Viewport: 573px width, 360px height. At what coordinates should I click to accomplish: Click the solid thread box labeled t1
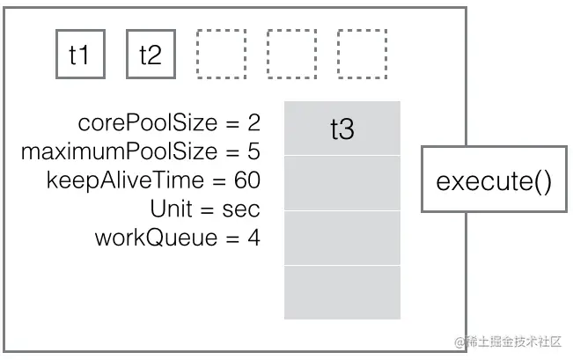point(80,55)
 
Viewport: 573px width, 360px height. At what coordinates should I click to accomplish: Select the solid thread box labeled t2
point(151,55)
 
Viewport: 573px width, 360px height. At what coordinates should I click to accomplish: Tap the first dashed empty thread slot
point(221,55)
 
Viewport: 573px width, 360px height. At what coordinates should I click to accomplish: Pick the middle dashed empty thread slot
point(291,55)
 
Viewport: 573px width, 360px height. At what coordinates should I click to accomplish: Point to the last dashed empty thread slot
point(362,55)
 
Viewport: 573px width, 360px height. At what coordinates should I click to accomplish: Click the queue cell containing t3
point(342,129)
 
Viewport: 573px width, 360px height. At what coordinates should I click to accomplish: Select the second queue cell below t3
point(342,183)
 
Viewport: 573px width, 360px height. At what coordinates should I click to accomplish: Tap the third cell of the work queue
point(342,238)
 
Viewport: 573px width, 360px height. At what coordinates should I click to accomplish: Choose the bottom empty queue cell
point(342,292)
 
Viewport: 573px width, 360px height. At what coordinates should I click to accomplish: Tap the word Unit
point(170,209)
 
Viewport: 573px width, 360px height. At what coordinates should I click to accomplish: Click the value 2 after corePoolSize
point(253,123)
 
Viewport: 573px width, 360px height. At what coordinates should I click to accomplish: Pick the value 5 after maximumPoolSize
point(253,151)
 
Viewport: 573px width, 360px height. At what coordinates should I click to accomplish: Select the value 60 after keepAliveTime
point(247,180)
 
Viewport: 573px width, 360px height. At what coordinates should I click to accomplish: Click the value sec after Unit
point(242,209)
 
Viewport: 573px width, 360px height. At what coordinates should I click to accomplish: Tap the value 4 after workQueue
point(253,237)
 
